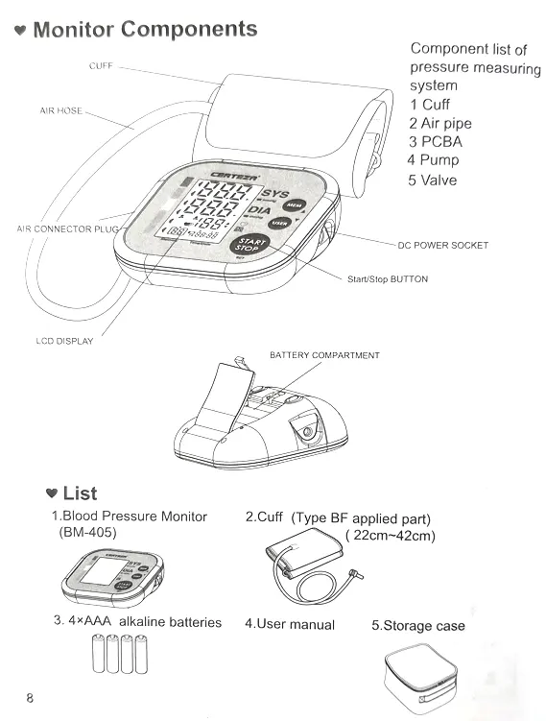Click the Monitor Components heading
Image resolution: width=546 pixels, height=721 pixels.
(144, 29)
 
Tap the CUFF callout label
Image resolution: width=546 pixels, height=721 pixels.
(100, 66)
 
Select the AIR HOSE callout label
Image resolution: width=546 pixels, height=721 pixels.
(60, 111)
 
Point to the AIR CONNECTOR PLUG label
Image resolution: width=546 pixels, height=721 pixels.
(68, 229)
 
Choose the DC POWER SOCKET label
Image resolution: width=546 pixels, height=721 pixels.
(442, 246)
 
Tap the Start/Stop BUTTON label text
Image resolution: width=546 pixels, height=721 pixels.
(387, 279)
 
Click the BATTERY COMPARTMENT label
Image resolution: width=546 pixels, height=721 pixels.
(324, 355)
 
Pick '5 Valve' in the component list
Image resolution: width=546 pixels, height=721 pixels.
(432, 180)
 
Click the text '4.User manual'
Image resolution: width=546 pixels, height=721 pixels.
(289, 624)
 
